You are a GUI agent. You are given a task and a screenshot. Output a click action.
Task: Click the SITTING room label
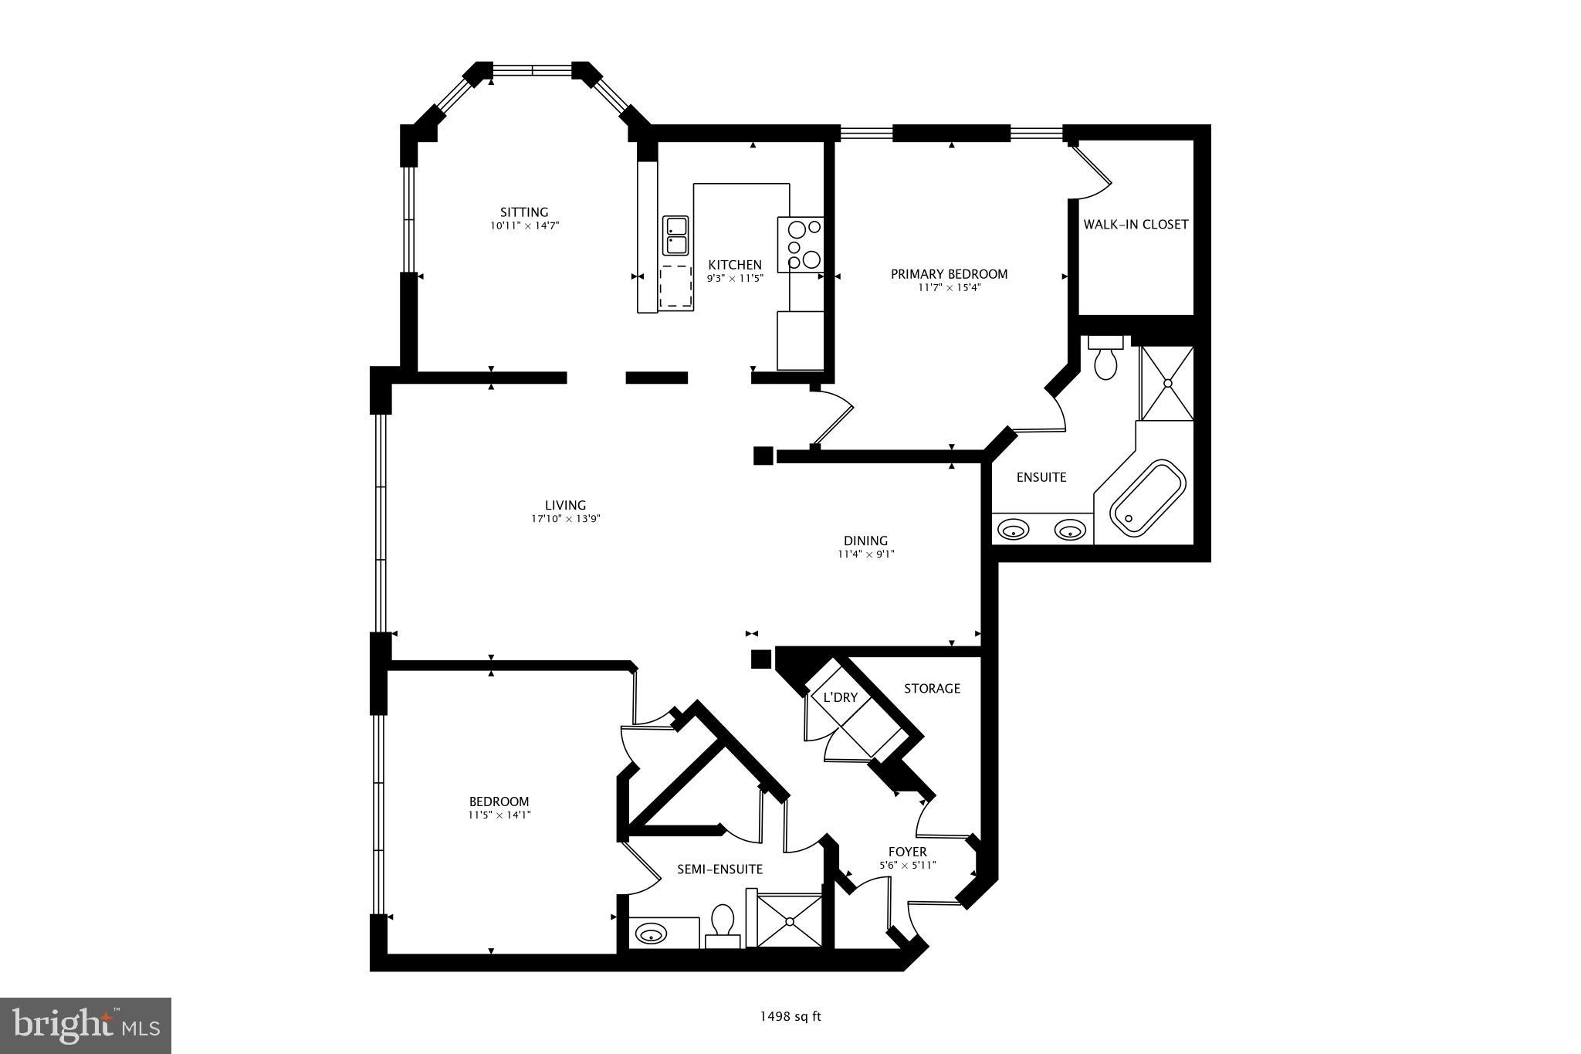click(524, 212)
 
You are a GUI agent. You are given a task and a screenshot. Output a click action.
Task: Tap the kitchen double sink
click(675, 236)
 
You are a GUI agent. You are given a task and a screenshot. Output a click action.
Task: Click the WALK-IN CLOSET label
click(1136, 225)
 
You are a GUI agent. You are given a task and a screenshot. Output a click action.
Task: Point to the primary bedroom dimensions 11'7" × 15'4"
click(950, 288)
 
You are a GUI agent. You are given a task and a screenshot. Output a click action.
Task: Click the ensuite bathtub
click(1147, 498)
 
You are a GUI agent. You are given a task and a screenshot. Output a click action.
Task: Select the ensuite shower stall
click(1167, 383)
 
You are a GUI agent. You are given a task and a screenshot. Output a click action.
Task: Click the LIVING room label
click(565, 506)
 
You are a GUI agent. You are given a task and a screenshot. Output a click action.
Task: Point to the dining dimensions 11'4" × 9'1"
click(865, 554)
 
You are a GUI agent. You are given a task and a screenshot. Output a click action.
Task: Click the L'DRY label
click(841, 697)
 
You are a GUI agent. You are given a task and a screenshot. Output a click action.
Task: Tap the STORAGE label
click(932, 688)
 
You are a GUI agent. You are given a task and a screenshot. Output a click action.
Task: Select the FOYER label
click(908, 852)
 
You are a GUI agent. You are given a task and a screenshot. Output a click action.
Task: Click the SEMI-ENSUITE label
click(719, 869)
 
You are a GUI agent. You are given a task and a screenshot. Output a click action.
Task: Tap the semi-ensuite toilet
click(723, 924)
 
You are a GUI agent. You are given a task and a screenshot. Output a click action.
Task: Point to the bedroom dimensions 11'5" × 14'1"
click(499, 815)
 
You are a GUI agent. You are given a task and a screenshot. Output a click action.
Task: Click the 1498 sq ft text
click(790, 1017)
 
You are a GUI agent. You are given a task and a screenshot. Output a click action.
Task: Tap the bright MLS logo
click(86, 1025)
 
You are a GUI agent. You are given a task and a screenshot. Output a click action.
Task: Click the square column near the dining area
click(763, 456)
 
